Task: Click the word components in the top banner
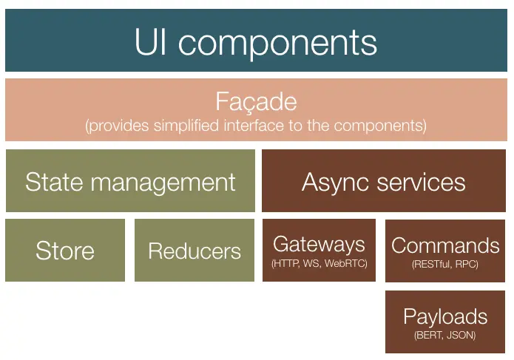click(x=277, y=43)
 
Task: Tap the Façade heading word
click(x=256, y=102)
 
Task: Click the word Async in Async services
click(x=330, y=182)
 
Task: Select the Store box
click(x=65, y=251)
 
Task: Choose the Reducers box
click(x=195, y=251)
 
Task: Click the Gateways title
click(x=319, y=244)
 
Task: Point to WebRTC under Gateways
click(x=346, y=263)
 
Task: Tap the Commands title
click(x=445, y=245)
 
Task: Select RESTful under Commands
click(x=431, y=263)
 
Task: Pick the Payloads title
click(x=445, y=317)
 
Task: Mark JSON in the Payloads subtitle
click(x=461, y=336)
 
